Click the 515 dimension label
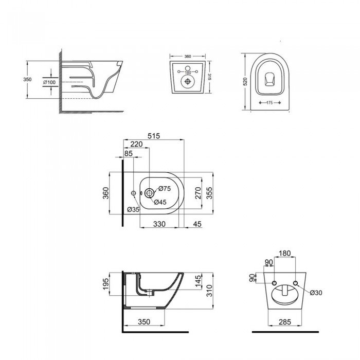click(154, 136)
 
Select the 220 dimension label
click(137, 144)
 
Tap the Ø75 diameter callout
click(165, 189)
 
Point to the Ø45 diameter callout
click(160, 202)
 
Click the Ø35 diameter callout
click(133, 209)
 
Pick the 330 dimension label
click(159, 224)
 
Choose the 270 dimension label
click(198, 193)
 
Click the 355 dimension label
click(209, 193)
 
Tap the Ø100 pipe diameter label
click(49, 82)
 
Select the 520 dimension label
click(245, 82)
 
